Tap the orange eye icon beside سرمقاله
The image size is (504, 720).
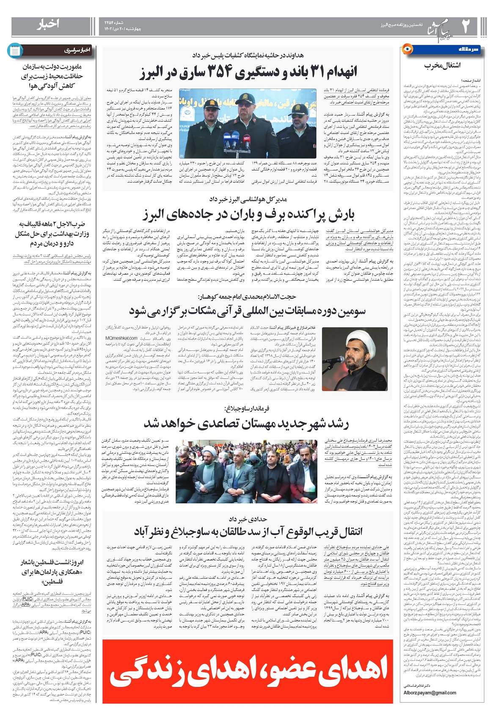coord(407,49)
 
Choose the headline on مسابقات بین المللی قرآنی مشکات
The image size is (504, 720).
coord(248,311)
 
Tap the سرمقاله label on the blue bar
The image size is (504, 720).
coord(468,50)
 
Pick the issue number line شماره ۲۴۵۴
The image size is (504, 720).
coord(114,22)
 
